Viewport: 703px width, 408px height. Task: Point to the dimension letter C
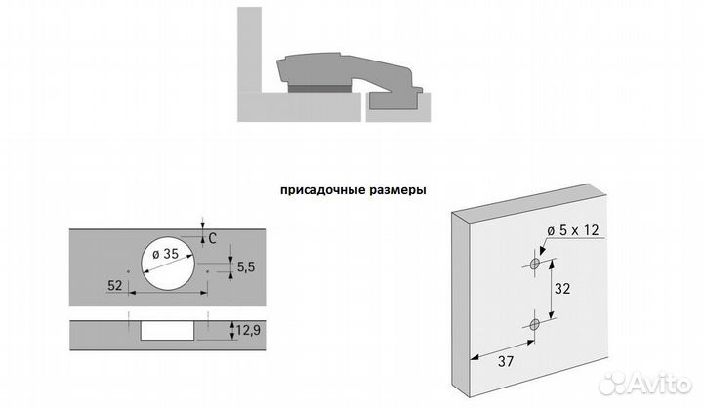point(213,236)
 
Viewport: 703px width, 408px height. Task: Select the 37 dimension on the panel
point(503,364)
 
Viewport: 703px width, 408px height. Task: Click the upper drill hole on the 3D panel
point(534,265)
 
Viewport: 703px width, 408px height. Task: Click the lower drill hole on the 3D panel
point(534,324)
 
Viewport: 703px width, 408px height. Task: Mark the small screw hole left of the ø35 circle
point(128,268)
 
